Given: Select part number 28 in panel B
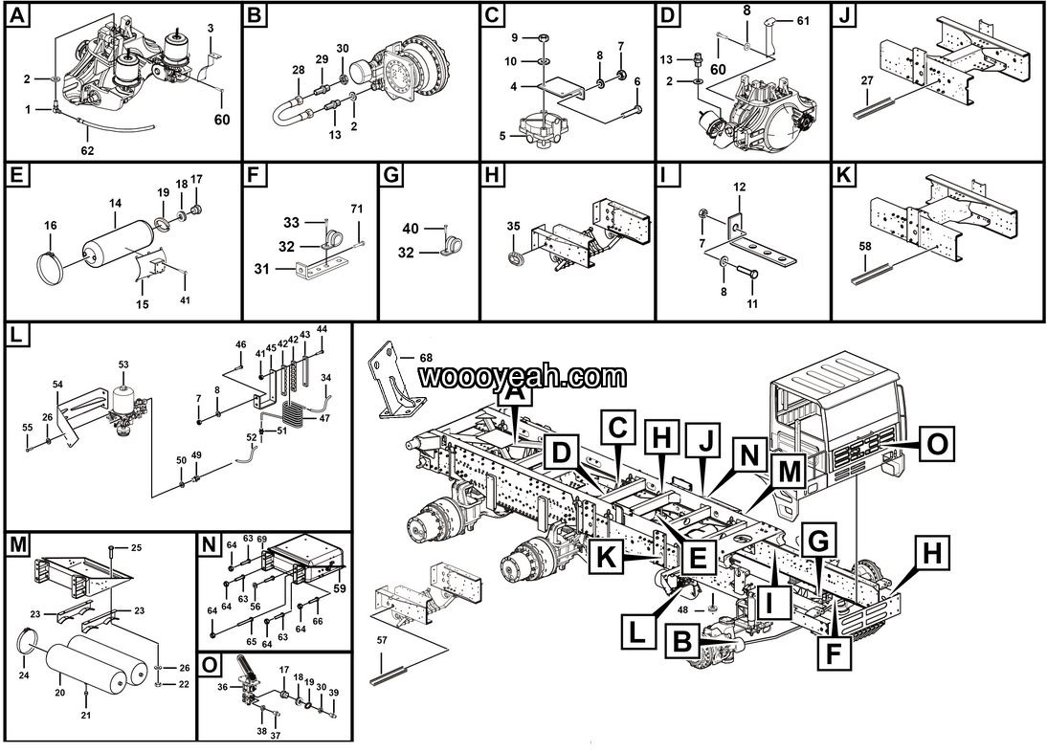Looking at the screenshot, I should click(299, 70).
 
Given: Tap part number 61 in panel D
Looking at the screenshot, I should click(803, 20).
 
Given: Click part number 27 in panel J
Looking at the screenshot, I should click(868, 81).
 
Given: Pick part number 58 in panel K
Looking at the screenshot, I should click(866, 247).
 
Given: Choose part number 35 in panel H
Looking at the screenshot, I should click(513, 226).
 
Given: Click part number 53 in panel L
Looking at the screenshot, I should click(123, 365).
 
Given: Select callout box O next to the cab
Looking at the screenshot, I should click(939, 443).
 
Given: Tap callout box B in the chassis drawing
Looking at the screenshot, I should click(681, 640).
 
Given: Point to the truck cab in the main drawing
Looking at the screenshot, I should click(833, 421).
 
